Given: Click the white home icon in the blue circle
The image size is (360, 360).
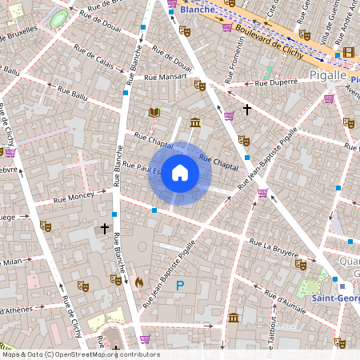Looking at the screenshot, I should pyautogui.click(x=180, y=173).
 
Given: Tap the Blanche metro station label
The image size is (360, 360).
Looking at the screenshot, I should pyautogui.click(x=197, y=9).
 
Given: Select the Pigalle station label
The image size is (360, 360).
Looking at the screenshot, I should pyautogui.click(x=327, y=75).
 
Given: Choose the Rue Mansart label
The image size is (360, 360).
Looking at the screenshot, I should pyautogui.click(x=166, y=78).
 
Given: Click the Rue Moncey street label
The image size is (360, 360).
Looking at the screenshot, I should pyautogui.click(x=73, y=196).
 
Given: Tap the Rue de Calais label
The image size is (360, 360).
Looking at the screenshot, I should pyautogui.click(x=94, y=58).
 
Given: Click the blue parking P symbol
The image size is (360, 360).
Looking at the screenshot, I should pyautogui.click(x=180, y=286).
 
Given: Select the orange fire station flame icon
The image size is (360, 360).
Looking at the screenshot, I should pyautogui.click(x=139, y=282).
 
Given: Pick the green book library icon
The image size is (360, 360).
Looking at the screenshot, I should pyautogui.click(x=154, y=113).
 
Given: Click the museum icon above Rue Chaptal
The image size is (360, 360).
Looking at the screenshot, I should pyautogui.click(x=195, y=122).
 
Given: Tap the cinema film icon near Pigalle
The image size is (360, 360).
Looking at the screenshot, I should pyautogui.click(x=347, y=54).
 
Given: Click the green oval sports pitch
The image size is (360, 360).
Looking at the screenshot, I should pyautogui.click(x=58, y=18).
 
